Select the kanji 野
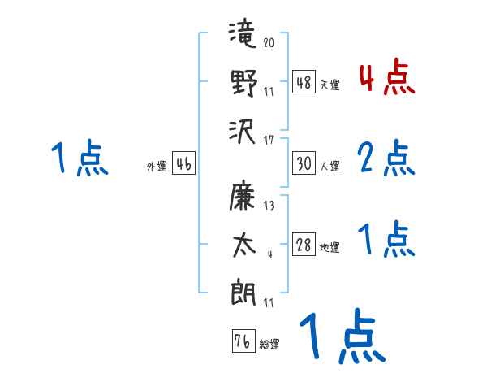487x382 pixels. click(x=243, y=84)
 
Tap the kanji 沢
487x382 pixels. click(x=243, y=129)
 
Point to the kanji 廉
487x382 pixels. click(x=243, y=198)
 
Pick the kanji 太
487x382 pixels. click(x=243, y=243)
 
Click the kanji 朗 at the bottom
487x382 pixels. click(x=243, y=291)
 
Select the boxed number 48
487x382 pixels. click(x=304, y=81)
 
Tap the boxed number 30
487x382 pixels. click(x=304, y=163)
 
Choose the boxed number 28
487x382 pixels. click(x=304, y=244)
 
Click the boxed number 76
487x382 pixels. click(x=243, y=341)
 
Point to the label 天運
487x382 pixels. click(x=330, y=85)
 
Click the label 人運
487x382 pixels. click(x=330, y=166)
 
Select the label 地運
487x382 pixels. click(x=330, y=247)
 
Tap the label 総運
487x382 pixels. click(x=269, y=344)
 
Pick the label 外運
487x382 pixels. click(x=157, y=167)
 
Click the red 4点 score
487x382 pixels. click(x=387, y=80)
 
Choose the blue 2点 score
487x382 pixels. click(x=387, y=158)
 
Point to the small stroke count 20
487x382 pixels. click(x=268, y=43)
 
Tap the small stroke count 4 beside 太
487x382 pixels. click(x=268, y=254)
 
